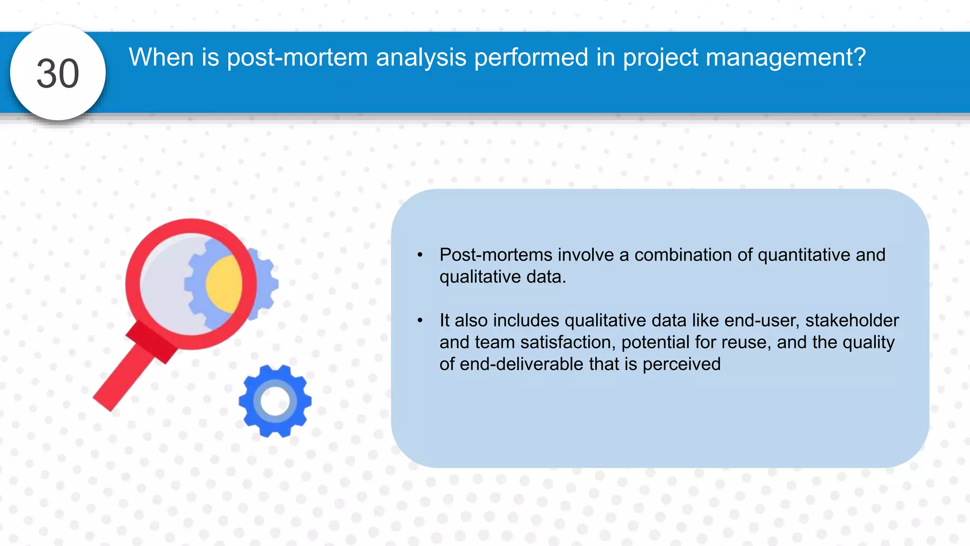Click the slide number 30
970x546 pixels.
(x=58, y=73)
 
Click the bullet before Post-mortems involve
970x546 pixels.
(x=420, y=255)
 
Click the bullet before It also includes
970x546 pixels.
(x=420, y=321)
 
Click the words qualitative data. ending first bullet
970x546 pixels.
(x=503, y=277)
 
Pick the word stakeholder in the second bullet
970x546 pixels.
(x=852, y=320)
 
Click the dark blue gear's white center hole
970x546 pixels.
(x=275, y=401)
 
